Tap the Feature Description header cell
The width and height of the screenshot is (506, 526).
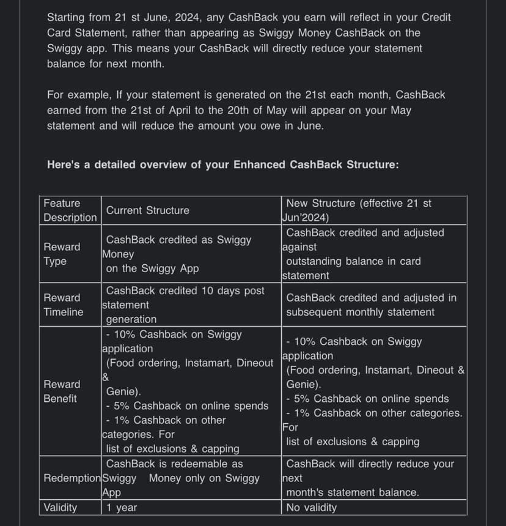[x=70, y=210]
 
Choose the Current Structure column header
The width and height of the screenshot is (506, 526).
[x=147, y=210]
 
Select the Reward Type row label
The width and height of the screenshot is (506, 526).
[x=62, y=254]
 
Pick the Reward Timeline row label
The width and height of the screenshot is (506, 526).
[x=63, y=305]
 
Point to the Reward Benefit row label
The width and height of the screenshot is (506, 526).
[x=62, y=391]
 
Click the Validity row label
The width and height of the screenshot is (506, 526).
[x=61, y=508]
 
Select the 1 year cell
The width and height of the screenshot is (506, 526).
[x=122, y=508]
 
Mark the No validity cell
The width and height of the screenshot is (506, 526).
[x=311, y=508]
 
